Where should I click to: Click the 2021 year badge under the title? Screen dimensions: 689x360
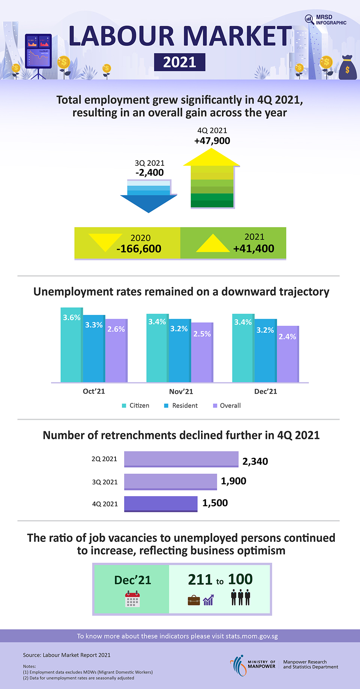(x=180, y=62)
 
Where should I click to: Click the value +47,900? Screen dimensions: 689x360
(x=212, y=141)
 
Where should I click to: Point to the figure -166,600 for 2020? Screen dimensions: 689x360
(x=139, y=249)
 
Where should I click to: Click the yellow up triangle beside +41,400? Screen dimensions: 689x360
(x=213, y=244)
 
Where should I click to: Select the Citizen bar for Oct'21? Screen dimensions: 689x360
(x=71, y=349)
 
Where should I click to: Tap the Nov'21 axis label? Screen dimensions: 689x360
(x=181, y=391)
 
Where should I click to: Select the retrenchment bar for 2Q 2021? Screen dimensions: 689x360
(x=181, y=459)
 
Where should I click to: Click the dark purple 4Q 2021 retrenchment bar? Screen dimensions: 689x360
(x=160, y=503)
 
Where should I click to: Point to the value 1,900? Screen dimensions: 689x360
(x=233, y=481)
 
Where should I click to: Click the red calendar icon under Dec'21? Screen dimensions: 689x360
(x=132, y=599)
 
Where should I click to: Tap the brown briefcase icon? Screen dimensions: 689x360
(x=194, y=600)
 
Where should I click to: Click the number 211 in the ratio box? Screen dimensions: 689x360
(x=200, y=580)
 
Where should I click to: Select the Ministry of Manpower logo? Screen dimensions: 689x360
(x=253, y=665)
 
